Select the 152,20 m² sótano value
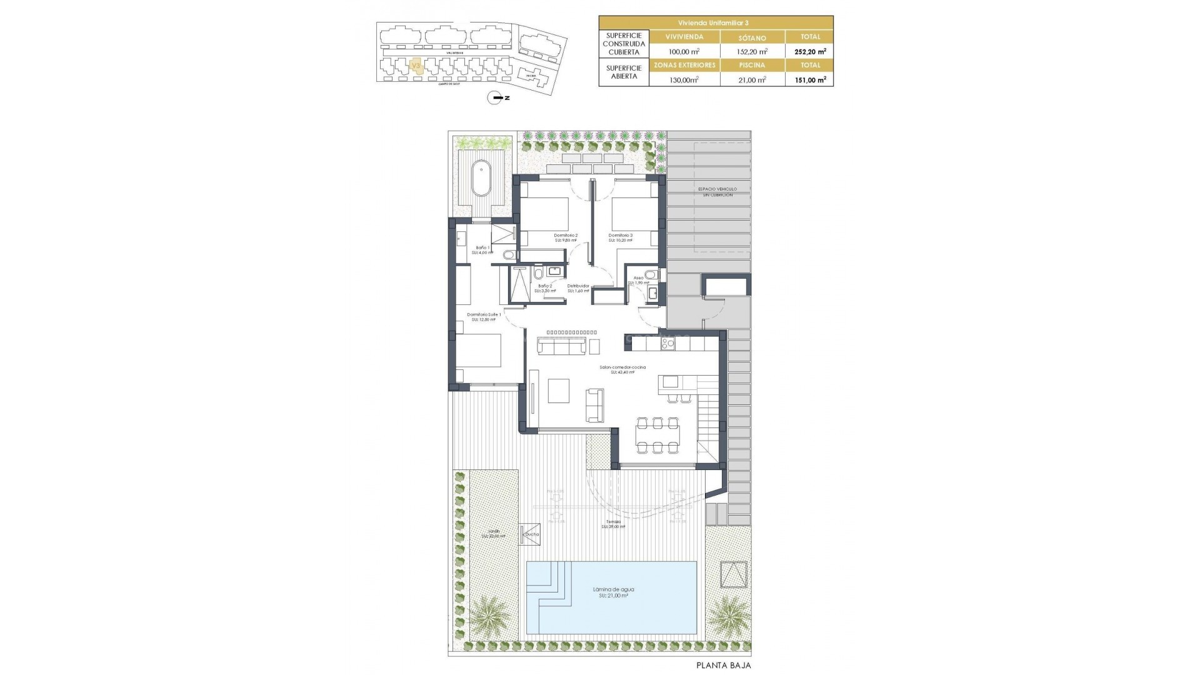752,52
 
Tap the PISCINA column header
752,65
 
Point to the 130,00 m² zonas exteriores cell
684,79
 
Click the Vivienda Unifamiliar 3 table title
716,22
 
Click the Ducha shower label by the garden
532,534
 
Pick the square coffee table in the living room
559,391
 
